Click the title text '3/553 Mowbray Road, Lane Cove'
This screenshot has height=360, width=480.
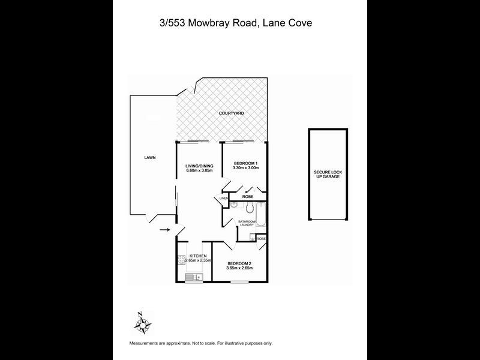point(239,23)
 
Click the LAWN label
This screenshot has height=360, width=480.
point(150,158)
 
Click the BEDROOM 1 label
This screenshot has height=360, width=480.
point(245,163)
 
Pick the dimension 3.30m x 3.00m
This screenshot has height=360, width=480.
point(245,169)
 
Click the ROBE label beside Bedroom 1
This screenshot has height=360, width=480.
point(247,197)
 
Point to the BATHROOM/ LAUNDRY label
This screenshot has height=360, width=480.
point(247,224)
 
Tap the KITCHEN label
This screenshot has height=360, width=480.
point(197,256)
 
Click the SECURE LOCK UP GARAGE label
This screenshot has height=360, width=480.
point(328,174)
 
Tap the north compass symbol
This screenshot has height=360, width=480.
point(143,325)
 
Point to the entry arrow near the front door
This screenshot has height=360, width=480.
point(164,229)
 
